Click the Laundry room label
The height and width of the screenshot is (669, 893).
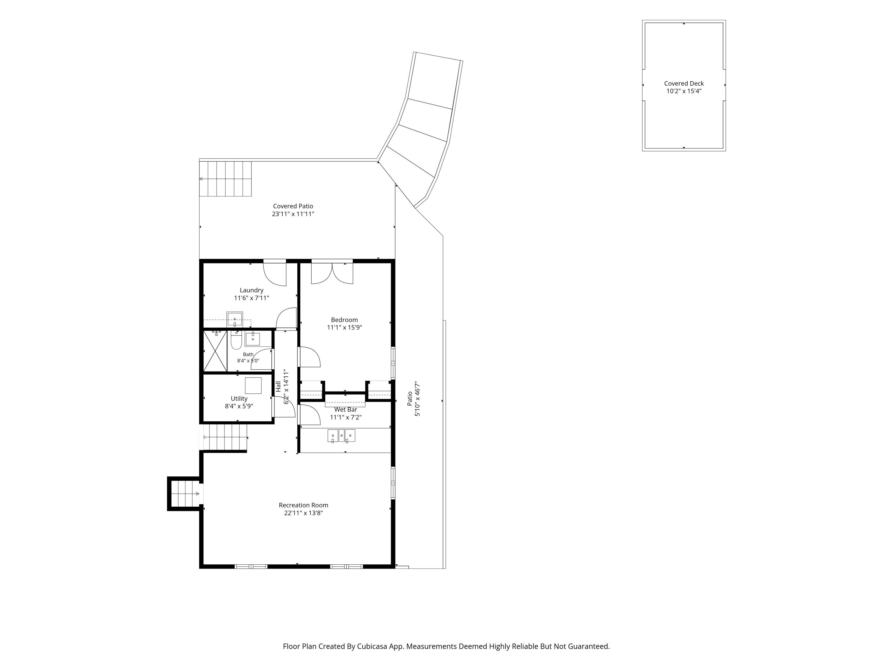pos(252,290)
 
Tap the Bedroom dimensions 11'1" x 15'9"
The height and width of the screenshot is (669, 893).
pos(344,327)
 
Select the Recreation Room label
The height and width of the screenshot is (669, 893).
pos(304,505)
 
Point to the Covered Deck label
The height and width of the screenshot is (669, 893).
pos(684,84)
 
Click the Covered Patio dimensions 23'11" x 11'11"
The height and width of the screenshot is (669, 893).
pos(293,214)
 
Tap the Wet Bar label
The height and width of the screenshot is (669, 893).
pos(346,409)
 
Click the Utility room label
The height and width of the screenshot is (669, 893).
pos(239,398)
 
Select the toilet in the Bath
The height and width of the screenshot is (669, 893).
pos(236,340)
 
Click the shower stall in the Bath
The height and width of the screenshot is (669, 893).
pos(215,351)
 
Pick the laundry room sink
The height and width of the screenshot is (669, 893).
pos(235,319)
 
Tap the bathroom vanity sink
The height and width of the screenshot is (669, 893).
pos(253,339)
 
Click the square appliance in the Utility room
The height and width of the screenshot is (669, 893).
pos(253,386)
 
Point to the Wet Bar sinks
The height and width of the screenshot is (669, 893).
pos(341,436)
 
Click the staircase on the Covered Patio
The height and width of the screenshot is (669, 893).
pos(226,179)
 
